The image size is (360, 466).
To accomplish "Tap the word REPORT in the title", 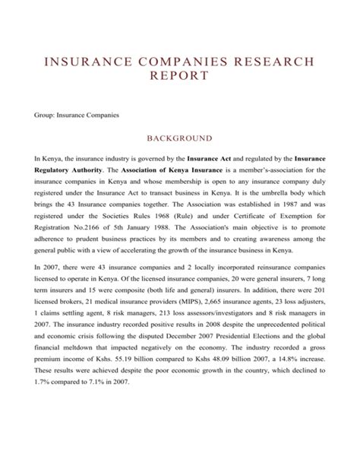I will (x=180, y=78).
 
